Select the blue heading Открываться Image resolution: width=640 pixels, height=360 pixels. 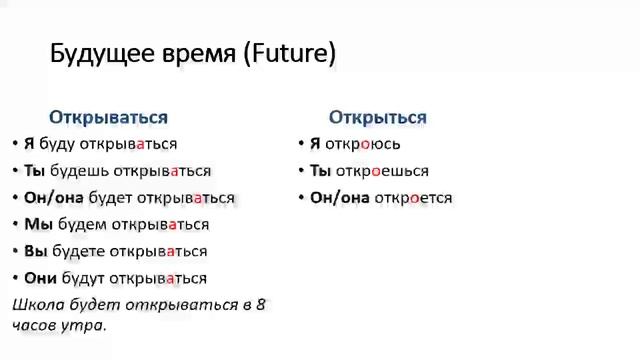[108, 117]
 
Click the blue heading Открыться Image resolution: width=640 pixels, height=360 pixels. [377, 117]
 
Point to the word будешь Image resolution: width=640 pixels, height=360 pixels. [80, 171]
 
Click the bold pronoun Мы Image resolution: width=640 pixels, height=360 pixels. [38, 224]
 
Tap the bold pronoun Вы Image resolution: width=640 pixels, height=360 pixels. [36, 251]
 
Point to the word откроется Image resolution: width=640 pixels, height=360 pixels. [413, 198]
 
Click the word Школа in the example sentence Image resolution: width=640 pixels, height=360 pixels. [37, 304]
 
